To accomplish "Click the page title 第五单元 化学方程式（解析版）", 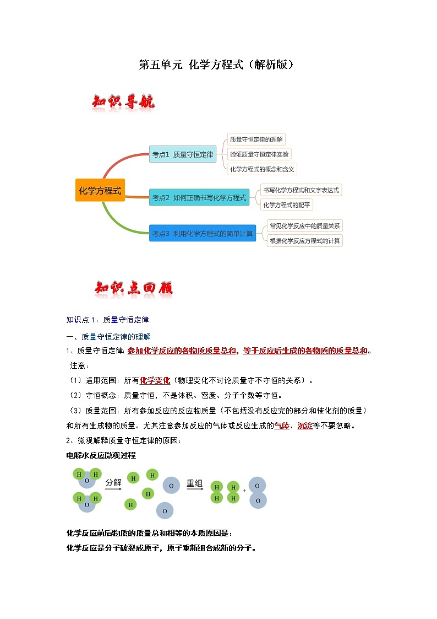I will [x=218, y=65].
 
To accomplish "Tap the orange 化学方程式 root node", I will [x=100, y=191].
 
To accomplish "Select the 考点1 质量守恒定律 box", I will [x=183, y=155].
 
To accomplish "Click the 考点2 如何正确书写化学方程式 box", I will [x=199, y=197].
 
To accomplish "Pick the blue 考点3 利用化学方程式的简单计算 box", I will [x=203, y=233].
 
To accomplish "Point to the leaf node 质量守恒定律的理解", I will [x=256, y=140].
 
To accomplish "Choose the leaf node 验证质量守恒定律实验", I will [x=259, y=154].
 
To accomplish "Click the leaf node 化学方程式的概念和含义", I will [x=262, y=169].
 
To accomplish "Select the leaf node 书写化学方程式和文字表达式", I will [x=301, y=190].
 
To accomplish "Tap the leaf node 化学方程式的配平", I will [x=287, y=204].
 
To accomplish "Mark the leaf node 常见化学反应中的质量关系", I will [x=304, y=225].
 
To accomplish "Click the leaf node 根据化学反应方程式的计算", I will [x=304, y=240].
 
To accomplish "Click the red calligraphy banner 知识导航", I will [x=123, y=103].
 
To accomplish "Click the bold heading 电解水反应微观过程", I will [x=101, y=455].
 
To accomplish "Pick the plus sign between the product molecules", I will [x=244, y=490].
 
